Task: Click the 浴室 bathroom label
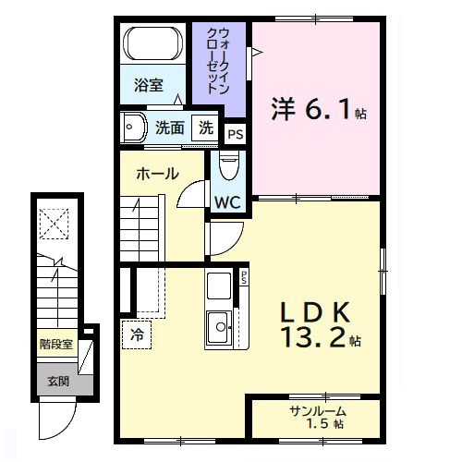pyautogui.click(x=148, y=86)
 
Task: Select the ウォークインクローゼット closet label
pyautogui.click(x=218, y=61)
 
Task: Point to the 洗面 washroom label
pyautogui.click(x=168, y=128)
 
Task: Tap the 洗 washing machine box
pyautogui.click(x=207, y=128)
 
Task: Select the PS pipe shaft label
pyautogui.click(x=236, y=134)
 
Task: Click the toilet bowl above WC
pyautogui.click(x=228, y=167)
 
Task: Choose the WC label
pyautogui.click(x=227, y=201)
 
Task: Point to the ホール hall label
pyautogui.click(x=157, y=173)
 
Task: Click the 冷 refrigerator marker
pyautogui.click(x=137, y=334)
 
